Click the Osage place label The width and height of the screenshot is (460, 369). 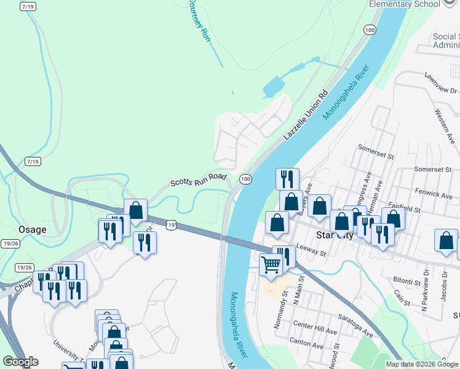click(x=32, y=229)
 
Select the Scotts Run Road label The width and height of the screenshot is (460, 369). click(x=199, y=180)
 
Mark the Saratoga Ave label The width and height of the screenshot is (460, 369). click(x=355, y=326)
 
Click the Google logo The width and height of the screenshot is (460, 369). click(x=21, y=362)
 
